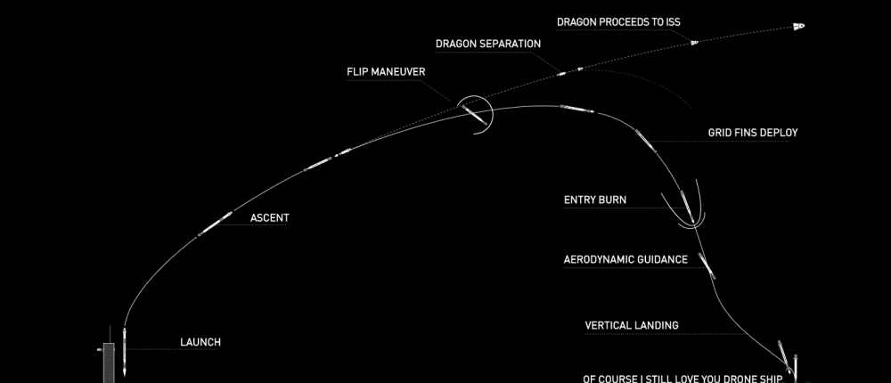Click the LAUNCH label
(200, 342)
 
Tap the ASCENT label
(269, 216)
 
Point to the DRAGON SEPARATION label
(487, 43)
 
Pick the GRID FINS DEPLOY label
(753, 133)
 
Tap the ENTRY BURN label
(594, 200)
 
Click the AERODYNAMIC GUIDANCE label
(625, 260)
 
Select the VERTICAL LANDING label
(632, 325)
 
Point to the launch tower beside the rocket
(109, 360)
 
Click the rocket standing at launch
(126, 349)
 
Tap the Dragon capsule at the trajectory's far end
(797, 27)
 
